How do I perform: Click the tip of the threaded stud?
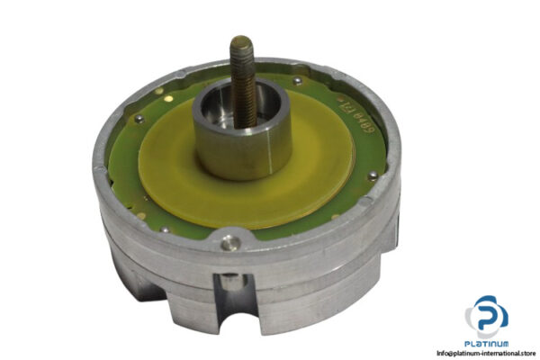point(242,42)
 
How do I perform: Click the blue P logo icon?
point(486,315)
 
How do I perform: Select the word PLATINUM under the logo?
point(486,343)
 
